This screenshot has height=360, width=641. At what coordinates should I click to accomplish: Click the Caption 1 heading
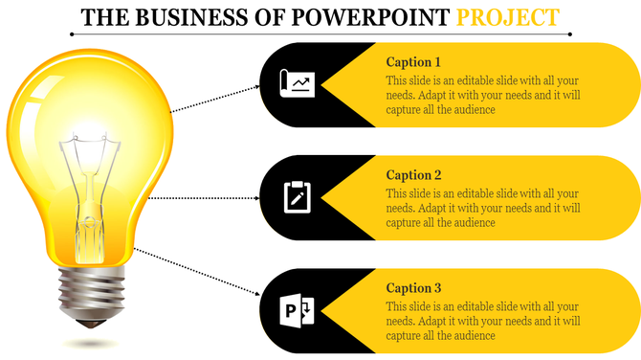413,62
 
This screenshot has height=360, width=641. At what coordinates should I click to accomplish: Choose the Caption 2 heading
413,175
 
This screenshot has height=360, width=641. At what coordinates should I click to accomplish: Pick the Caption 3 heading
413,288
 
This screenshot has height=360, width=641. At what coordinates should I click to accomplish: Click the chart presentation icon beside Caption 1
297,84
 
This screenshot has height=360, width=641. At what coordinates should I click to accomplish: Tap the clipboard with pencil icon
297,197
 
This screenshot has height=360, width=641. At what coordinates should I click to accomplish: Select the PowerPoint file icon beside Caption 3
297,310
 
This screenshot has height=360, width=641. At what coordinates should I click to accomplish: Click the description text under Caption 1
483,96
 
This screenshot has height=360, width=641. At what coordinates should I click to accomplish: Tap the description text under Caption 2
483,209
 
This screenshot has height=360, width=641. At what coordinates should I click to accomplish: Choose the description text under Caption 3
483,322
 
